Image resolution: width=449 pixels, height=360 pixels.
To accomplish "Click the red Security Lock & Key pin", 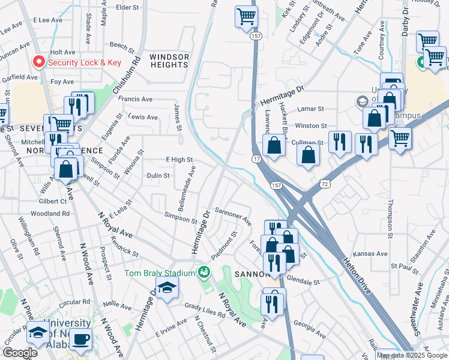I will (x=40, y=62).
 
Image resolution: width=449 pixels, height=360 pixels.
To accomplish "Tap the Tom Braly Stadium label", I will (x=160, y=273).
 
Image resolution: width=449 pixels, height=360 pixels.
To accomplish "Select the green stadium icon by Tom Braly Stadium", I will (x=204, y=272).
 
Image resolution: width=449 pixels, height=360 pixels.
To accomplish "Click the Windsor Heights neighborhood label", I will (x=169, y=61).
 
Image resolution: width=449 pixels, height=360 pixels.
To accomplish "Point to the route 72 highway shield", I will (x=325, y=181).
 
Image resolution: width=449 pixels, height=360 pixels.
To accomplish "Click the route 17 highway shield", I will (x=256, y=159).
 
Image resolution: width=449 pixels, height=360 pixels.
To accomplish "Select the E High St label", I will (x=179, y=160).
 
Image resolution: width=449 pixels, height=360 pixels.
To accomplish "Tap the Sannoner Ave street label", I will (x=232, y=217).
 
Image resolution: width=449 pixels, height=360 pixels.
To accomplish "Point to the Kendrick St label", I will (x=125, y=247).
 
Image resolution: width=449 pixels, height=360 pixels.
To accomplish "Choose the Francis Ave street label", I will (x=136, y=99).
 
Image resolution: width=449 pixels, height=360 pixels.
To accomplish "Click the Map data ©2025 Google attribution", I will (x=411, y=355).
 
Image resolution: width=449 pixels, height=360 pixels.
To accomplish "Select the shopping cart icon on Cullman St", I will (x=400, y=140).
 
